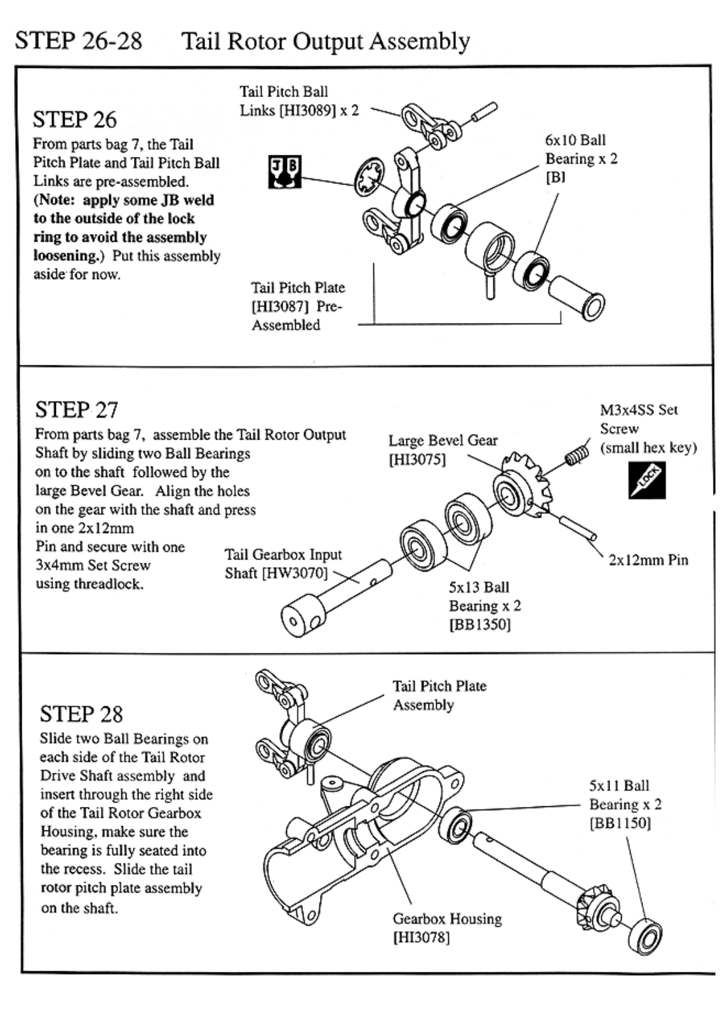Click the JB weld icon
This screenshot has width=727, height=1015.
pyautogui.click(x=284, y=172)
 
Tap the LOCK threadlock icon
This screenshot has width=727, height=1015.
pyautogui.click(x=647, y=480)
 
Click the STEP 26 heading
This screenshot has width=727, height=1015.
pyautogui.click(x=75, y=119)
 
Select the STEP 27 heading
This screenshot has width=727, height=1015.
pyautogui.click(x=77, y=410)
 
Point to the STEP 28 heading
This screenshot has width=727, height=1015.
pyautogui.click(x=81, y=714)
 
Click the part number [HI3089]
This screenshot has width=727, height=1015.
pyautogui.click(x=307, y=110)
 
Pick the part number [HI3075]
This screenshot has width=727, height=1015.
pyautogui.click(x=417, y=459)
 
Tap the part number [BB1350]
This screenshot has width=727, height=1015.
pyautogui.click(x=479, y=624)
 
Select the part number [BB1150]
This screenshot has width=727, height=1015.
pyautogui.click(x=620, y=823)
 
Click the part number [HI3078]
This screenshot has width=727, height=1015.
pyautogui.click(x=421, y=938)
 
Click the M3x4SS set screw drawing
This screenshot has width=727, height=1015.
pyautogui.click(x=576, y=455)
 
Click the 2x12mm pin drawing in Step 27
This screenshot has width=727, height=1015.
pyautogui.click(x=577, y=528)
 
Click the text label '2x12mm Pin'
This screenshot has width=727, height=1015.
pyautogui.click(x=648, y=560)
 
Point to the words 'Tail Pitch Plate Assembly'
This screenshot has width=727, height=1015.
pyautogui.click(x=439, y=695)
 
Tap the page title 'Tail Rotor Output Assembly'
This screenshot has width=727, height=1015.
pyautogui.click(x=326, y=41)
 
